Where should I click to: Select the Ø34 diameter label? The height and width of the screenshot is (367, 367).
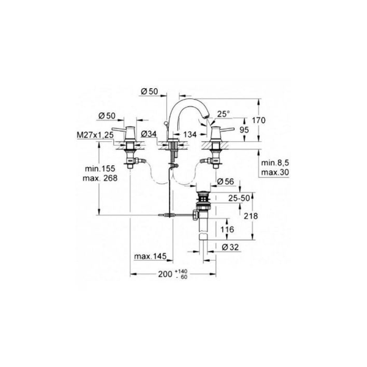click(x=150, y=133)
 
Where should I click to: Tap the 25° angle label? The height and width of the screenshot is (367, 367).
click(x=224, y=114)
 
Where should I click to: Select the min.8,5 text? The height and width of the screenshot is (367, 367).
click(x=273, y=163)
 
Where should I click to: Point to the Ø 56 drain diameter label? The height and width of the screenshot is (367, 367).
click(x=226, y=182)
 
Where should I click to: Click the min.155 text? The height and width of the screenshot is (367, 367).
click(x=100, y=168)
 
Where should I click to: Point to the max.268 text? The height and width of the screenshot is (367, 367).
click(x=100, y=177)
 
